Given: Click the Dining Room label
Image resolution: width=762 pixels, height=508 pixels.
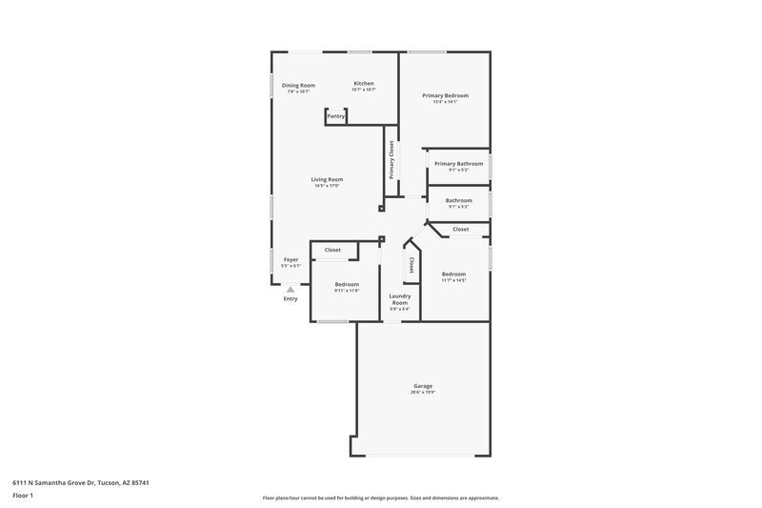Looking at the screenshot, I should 298,85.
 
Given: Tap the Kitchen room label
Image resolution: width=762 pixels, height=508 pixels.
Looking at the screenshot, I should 364,84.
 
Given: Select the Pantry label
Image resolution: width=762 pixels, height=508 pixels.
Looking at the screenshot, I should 335,116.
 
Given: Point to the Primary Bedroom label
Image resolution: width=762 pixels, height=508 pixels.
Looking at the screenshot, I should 445,95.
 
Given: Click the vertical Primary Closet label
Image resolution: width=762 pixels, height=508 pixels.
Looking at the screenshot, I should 391,159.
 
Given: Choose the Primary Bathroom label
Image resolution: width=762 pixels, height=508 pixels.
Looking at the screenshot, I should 458,164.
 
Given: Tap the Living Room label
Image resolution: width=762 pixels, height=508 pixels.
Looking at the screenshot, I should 327,179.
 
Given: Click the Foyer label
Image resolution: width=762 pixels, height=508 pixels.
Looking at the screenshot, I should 291,259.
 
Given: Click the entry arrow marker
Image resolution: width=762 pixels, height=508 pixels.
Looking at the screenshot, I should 291,289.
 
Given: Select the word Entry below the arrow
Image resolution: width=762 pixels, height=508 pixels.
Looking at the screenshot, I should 291,299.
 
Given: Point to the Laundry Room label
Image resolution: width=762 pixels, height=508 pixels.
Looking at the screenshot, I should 399,299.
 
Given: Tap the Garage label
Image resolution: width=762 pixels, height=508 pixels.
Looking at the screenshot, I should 423,386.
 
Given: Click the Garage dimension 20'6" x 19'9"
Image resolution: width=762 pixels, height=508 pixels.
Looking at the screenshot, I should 423,393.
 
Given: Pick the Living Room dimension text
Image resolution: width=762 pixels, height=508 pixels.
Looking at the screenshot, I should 327,186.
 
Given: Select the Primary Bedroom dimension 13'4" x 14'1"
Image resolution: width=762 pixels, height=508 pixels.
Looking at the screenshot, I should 445,102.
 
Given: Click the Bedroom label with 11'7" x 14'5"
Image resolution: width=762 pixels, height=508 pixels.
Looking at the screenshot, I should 453,274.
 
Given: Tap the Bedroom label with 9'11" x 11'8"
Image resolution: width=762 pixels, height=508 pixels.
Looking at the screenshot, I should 347,284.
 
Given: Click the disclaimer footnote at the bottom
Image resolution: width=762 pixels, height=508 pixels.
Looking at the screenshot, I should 380,498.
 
